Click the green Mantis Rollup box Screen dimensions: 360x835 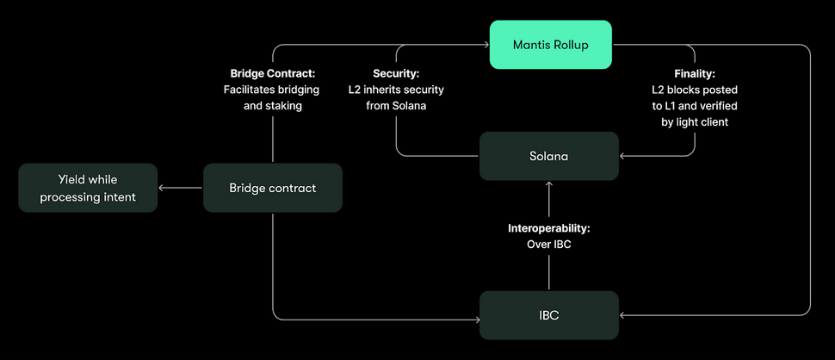click(x=550, y=45)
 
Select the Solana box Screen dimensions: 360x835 click(x=548, y=156)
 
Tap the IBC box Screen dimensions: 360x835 click(x=548, y=315)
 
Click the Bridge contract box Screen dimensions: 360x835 click(x=272, y=188)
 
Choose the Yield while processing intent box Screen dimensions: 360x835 click(x=88, y=188)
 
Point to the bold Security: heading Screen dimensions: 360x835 click(x=396, y=73)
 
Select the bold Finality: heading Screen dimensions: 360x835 click(x=694, y=73)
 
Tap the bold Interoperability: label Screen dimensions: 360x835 click(x=549, y=229)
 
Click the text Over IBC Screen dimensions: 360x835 click(x=549, y=245)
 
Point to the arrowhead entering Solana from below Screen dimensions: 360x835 click(x=549, y=184)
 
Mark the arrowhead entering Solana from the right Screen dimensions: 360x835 click(x=622, y=156)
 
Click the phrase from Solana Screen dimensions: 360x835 click(x=396, y=106)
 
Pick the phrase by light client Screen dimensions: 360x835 click(x=695, y=122)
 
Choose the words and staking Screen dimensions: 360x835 click(x=272, y=106)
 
